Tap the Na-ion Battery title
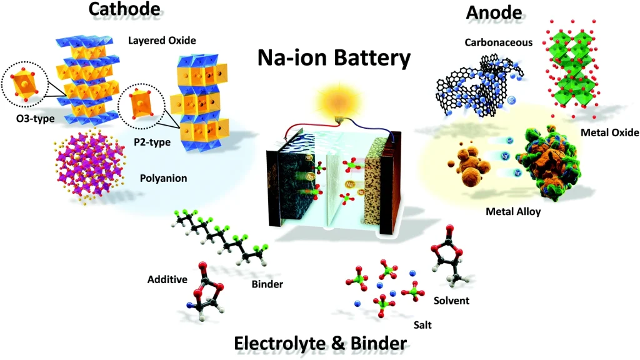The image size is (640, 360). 334,59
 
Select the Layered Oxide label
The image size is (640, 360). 163,41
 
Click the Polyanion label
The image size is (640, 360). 164,178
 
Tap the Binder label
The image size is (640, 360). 267,284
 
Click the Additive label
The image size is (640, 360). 167,279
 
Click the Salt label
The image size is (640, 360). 422,325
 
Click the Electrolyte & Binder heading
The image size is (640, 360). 320,343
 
